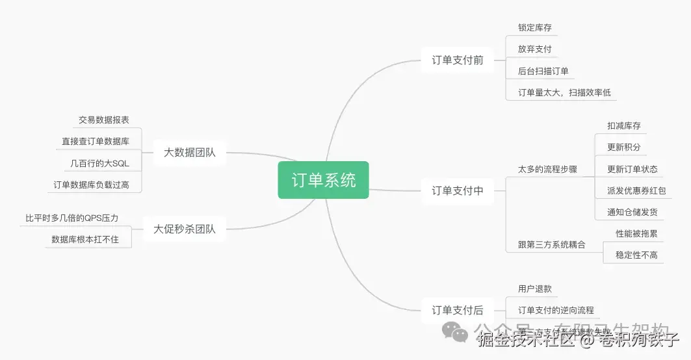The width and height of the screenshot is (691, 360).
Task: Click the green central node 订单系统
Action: tap(323, 180)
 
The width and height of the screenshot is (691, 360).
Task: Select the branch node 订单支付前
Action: tap(458, 60)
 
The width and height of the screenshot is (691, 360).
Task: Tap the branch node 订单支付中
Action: tap(458, 191)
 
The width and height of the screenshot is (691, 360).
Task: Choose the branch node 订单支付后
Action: tap(458, 311)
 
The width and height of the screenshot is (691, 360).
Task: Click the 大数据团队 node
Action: tap(189, 153)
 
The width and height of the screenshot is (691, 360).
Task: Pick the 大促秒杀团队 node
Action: tap(184, 229)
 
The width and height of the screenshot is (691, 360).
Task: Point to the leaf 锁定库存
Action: tap(534, 28)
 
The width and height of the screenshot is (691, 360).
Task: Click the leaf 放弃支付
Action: tap(534, 49)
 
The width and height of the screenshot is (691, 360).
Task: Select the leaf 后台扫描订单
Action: tap(543, 71)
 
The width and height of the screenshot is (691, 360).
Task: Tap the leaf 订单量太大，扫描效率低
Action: tap(564, 92)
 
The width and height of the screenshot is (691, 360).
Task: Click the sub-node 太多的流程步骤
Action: tap(547, 169)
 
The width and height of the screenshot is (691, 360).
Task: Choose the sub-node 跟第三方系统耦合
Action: tap(551, 245)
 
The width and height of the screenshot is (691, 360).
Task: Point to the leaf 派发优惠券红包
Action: tap(636, 190)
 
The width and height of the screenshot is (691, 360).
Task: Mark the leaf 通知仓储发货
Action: tap(632, 212)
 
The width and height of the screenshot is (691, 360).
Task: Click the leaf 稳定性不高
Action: tap(636, 255)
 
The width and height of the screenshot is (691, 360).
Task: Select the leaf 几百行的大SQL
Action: tap(99, 163)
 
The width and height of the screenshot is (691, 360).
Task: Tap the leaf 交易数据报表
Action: tap(104, 120)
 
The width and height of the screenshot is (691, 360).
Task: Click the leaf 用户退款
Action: tap(534, 289)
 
